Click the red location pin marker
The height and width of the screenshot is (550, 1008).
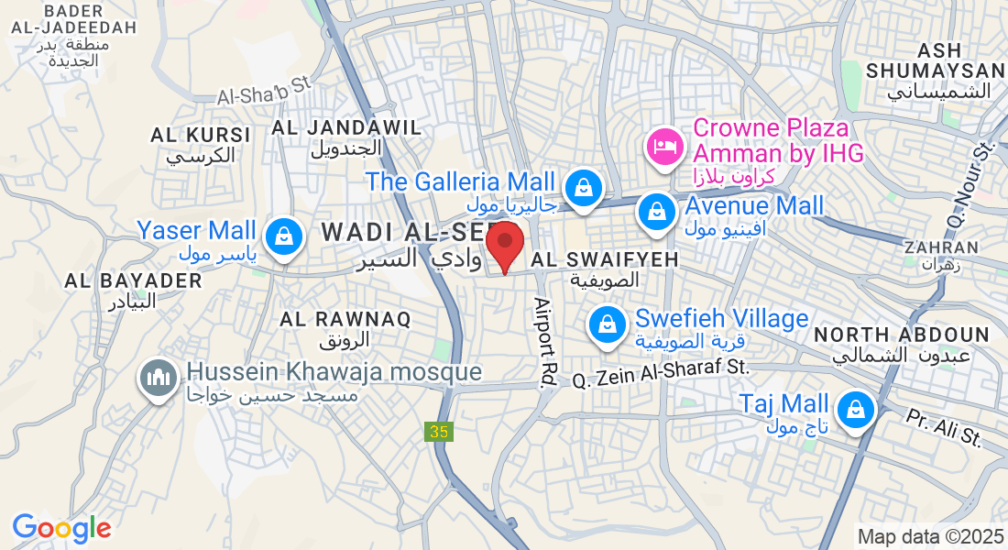pyautogui.click(x=504, y=245)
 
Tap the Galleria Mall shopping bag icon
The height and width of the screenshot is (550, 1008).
pyautogui.click(x=582, y=188)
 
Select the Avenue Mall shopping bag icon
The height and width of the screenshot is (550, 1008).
pyautogui.click(x=657, y=212)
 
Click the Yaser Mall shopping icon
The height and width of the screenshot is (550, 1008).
pyautogui.click(x=284, y=236)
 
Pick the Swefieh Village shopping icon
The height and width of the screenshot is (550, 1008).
pyautogui.click(x=607, y=324)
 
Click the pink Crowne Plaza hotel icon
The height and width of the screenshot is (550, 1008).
pyautogui.click(x=663, y=146)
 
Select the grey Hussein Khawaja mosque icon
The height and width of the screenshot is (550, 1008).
pyautogui.click(x=158, y=377)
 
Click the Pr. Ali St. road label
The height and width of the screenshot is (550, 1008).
pyautogui.click(x=943, y=427)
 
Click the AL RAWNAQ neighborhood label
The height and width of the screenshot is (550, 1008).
pyautogui.click(x=345, y=320)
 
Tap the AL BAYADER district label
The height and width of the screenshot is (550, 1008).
pyautogui.click(x=133, y=281)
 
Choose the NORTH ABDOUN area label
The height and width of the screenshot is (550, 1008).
pyautogui.click(x=902, y=335)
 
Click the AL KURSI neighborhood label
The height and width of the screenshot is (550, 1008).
pyautogui.click(x=201, y=135)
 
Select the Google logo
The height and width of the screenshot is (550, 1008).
pyautogui.click(x=61, y=528)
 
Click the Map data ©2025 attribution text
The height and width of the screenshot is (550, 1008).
pyautogui.click(x=930, y=536)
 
